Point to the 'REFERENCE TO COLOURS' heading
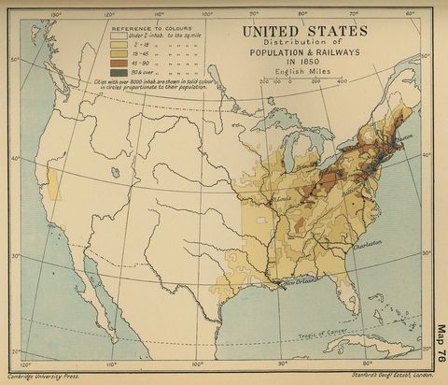148,28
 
